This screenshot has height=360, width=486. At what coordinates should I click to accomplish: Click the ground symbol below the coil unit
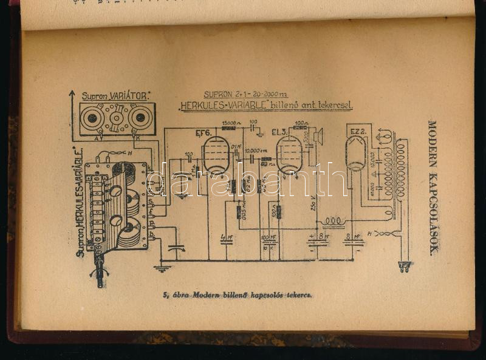[x=161, y=267]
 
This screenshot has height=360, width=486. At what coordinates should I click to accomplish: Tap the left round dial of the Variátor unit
[x=92, y=117]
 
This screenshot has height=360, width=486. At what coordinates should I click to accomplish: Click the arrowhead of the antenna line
[x=72, y=94]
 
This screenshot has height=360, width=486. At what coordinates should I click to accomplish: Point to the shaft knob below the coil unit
[x=100, y=273]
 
